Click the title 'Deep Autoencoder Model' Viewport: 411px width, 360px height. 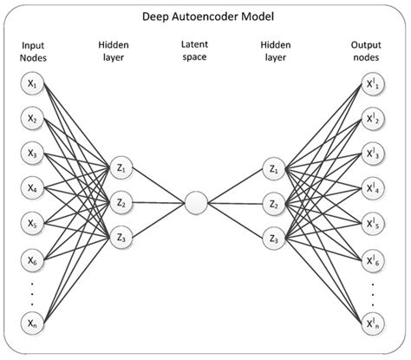(205, 16)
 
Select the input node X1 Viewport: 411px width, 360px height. (32, 85)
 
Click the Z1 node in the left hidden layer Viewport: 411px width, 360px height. (121, 168)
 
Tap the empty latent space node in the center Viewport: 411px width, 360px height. (197, 204)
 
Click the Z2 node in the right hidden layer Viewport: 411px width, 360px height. (274, 204)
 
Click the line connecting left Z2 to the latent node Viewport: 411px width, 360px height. (159, 204)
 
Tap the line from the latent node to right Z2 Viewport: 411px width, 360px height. (235, 204)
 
